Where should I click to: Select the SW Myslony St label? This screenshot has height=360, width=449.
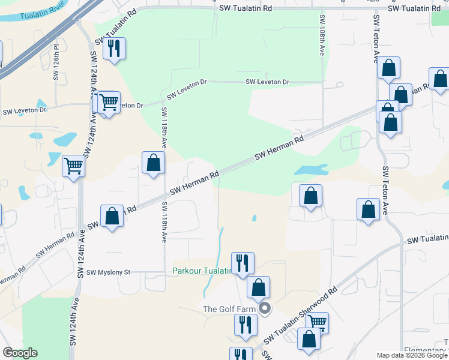pyautogui.click(x=108, y=272)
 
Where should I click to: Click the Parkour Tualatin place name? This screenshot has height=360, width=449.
pyautogui.click(x=202, y=271)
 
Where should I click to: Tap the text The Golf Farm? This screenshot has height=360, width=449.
pyautogui.click(x=229, y=309)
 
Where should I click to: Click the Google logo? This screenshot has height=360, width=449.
pyautogui.click(x=20, y=352)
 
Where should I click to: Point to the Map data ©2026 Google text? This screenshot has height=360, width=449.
pyautogui.click(x=412, y=355)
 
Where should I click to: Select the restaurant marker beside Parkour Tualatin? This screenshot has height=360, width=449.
pyautogui.click(x=243, y=263)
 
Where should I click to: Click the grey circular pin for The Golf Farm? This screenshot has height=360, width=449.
pyautogui.click(x=265, y=310)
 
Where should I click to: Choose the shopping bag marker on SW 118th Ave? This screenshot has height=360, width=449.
pyautogui.click(x=154, y=163)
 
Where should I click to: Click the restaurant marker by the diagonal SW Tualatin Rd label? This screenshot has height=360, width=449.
pyautogui.click(x=114, y=48)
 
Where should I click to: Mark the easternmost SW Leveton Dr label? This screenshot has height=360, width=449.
pyautogui.click(x=267, y=82)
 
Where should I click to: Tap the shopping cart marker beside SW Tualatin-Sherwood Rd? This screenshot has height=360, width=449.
pyautogui.click(x=317, y=323)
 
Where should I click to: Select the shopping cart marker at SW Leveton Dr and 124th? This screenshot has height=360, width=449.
pyautogui.click(x=108, y=103)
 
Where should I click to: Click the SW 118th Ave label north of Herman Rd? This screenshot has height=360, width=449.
pyautogui.click(x=163, y=128)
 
